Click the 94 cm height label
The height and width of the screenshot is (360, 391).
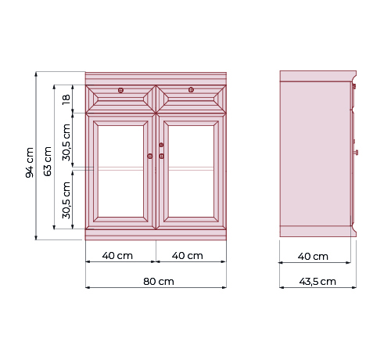(x=30, y=162)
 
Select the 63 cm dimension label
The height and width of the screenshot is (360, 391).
(x=48, y=161)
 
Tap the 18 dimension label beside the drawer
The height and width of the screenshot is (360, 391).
(x=66, y=99)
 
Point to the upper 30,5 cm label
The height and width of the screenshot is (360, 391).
(x=66, y=142)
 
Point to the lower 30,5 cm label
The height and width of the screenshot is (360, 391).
(x=66, y=200)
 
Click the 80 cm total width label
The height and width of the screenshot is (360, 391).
(x=159, y=282)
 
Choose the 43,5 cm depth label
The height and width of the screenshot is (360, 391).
(x=317, y=282)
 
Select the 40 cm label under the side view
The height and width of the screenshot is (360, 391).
(x=313, y=257)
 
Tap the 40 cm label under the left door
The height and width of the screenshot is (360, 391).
(x=117, y=256)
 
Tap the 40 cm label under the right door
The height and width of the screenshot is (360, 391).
(x=188, y=256)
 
